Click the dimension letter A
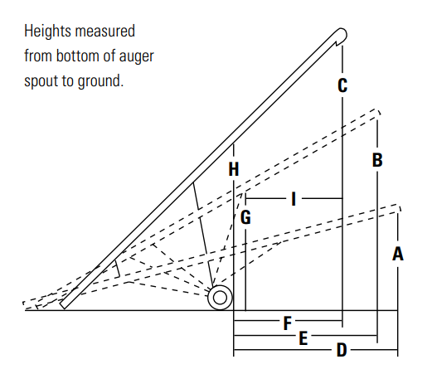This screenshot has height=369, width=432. click(x=398, y=254)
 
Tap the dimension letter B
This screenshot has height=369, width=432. click(x=377, y=160)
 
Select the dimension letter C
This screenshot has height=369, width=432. click(x=342, y=85)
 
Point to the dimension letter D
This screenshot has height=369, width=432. click(x=342, y=350)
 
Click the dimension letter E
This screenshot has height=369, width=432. click(x=303, y=338)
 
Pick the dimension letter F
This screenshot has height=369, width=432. click(x=288, y=323)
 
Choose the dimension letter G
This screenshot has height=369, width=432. click(x=245, y=217)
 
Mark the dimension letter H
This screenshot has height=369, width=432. click(x=234, y=169)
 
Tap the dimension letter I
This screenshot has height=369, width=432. click(x=294, y=199)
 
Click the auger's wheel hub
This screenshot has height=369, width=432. click(x=220, y=298)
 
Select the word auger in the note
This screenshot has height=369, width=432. click(x=136, y=56)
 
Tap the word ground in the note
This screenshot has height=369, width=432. click(x=100, y=81)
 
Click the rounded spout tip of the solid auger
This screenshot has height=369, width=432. click(x=342, y=35)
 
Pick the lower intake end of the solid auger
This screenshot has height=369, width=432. click(x=64, y=305)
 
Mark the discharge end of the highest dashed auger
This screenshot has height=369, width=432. click(x=378, y=113)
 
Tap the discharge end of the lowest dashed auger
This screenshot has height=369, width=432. click(x=399, y=208)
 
